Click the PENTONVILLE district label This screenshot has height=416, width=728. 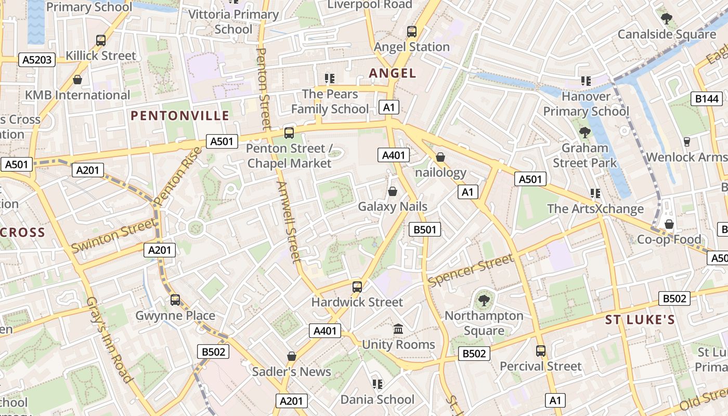tap(180, 115)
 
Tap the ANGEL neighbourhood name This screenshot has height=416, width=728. tap(393, 73)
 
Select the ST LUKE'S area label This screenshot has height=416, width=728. tap(640, 320)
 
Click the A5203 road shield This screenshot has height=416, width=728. tap(37, 60)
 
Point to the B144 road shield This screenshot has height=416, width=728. tap(707, 98)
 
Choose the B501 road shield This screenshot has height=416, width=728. tap(425, 229)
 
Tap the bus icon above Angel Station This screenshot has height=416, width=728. tap(412, 32)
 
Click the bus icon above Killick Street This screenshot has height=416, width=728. tap(101, 41)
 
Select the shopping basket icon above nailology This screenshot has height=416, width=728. tap(440, 157)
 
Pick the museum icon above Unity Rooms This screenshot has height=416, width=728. tap(398, 329)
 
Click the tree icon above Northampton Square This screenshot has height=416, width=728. tap(484, 300)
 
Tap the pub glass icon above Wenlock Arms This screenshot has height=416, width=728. tap(686, 141)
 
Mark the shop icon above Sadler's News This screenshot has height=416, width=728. tap(292, 357)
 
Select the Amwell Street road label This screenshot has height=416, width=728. tap(290, 221)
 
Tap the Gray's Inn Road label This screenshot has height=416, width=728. tap(108, 340)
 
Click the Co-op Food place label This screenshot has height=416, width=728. tap(669, 240)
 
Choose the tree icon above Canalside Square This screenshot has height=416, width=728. tap(667, 19)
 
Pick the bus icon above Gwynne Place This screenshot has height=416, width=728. tap(175, 300)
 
